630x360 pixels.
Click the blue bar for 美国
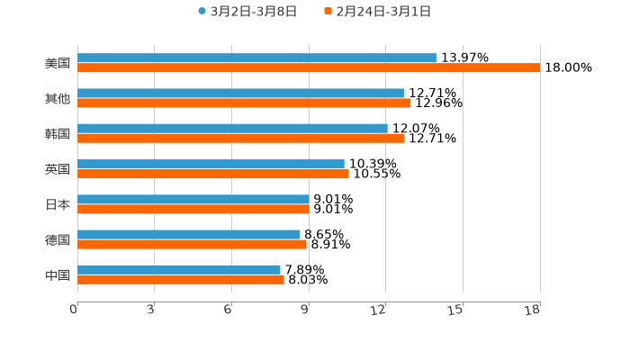[x=256, y=58]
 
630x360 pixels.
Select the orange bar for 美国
[x=309, y=67]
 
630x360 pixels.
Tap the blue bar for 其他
[x=240, y=93]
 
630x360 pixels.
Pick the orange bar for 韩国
[x=240, y=139]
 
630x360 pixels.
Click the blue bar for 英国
[x=211, y=164]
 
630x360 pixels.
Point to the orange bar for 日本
[x=193, y=210]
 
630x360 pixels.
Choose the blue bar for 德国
[x=189, y=234]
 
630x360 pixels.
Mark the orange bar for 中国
[x=181, y=280]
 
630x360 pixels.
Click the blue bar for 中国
[x=179, y=269]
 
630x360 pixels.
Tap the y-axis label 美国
[x=58, y=63]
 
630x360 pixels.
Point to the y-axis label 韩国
[x=58, y=134]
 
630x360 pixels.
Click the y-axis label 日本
[x=58, y=204]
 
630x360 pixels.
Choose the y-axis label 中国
[x=58, y=274]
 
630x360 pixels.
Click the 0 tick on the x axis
[x=74, y=310]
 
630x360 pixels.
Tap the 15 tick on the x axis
[x=455, y=310]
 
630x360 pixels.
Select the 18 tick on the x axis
[x=533, y=310]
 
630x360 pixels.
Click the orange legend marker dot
[x=328, y=12]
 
